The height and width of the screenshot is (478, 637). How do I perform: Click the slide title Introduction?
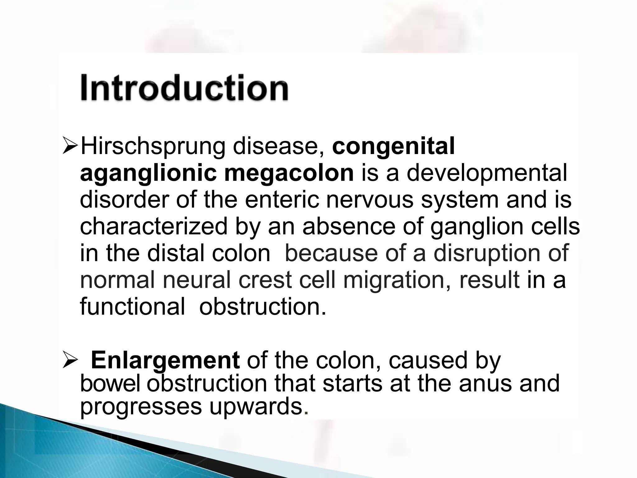coord(184,88)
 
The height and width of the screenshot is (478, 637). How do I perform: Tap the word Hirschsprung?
coord(153,147)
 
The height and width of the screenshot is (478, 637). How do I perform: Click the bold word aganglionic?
coord(148,174)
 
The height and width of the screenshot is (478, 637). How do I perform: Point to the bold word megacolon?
coord(289,174)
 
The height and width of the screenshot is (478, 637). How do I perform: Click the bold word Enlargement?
coord(165,360)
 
